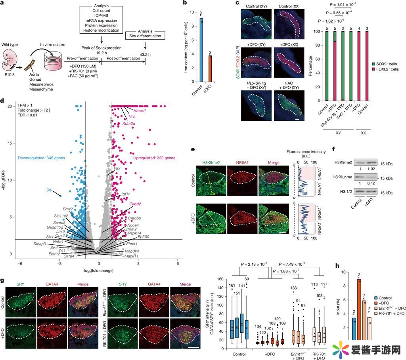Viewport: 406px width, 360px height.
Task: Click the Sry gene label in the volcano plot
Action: click(x=49, y=190)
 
